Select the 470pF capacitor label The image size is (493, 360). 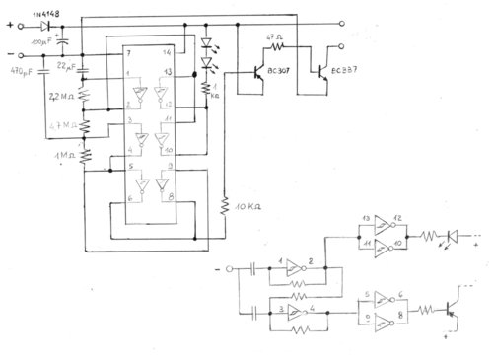23,71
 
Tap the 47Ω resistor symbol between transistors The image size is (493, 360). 277,45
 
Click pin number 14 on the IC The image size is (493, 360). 168,51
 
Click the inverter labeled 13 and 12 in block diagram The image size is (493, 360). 377,224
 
